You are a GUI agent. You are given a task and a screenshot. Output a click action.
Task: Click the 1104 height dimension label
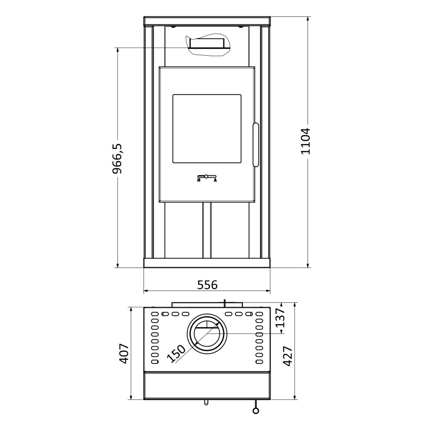click(306, 141)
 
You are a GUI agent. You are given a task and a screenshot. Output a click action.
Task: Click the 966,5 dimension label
click(118, 158)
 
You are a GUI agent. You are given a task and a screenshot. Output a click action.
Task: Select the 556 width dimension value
click(207, 284)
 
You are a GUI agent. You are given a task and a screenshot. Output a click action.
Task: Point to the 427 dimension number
click(288, 356)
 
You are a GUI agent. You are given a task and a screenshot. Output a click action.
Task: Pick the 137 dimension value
click(281, 318)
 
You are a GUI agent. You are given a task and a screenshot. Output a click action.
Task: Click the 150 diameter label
click(176, 353)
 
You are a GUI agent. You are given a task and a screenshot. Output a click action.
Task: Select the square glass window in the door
click(207, 129)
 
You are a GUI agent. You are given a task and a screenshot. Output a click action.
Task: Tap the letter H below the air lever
click(199, 180)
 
